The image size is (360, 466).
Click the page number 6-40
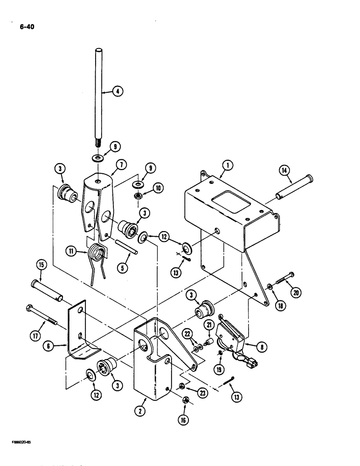27,27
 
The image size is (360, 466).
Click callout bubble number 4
118,92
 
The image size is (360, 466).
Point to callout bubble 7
120,164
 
